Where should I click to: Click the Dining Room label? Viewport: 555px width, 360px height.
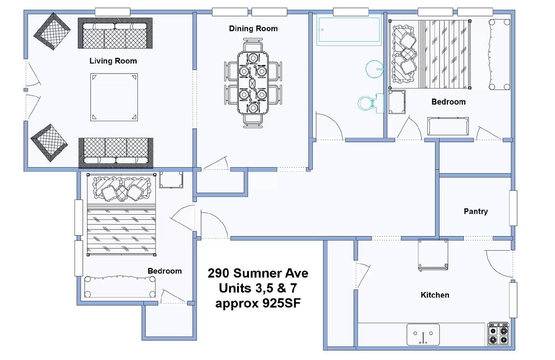pos(253,28)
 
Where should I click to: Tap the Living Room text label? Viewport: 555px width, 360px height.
pos(113,61)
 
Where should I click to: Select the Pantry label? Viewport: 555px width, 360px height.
pos(476,211)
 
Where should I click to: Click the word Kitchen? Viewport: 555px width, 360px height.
pos(435,295)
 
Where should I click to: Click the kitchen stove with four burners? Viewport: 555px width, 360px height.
pos(498,334)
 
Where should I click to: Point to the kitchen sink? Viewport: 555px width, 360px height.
pos(423,335)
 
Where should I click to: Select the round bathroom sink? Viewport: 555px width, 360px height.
pos(374,69)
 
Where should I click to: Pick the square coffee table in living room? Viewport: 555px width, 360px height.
pos(114,97)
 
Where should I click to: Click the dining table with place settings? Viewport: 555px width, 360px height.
pos(253,83)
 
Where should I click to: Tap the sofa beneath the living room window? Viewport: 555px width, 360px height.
pos(115,33)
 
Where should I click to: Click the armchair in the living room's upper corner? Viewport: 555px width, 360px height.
pos(52,31)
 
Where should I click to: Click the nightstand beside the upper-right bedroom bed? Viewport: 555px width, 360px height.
pos(397,102)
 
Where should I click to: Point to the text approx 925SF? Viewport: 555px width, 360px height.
pos(258,303)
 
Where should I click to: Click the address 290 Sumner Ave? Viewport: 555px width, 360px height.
pos(258,273)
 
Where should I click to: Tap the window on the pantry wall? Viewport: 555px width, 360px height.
pos(513,208)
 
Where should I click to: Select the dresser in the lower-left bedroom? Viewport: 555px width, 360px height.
pos(120,287)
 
